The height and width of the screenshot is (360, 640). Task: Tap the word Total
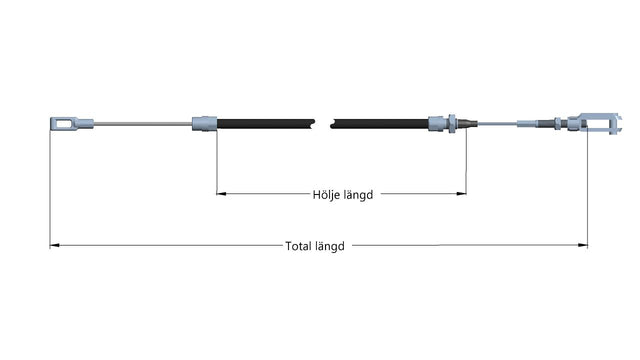(x=298, y=246)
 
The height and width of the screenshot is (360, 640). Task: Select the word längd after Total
(x=330, y=247)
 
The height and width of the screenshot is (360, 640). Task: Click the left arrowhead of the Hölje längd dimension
(x=221, y=193)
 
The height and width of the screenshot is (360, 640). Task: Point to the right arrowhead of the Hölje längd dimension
(x=461, y=193)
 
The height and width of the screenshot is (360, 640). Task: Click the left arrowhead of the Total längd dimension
(x=55, y=245)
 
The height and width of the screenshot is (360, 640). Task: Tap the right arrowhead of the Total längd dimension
(x=583, y=245)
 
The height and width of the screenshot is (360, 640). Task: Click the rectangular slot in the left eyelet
(x=64, y=123)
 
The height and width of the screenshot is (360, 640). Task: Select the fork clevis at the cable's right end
(x=600, y=123)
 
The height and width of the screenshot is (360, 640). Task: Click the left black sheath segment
(x=266, y=124)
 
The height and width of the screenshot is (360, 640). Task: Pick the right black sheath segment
(x=380, y=124)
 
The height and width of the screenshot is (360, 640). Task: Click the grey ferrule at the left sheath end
(x=204, y=124)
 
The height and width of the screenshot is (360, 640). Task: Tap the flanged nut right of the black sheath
(x=452, y=123)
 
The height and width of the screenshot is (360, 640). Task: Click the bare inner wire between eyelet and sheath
(x=142, y=124)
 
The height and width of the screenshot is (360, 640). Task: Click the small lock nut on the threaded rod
(x=558, y=123)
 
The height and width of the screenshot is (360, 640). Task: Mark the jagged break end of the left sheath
(x=313, y=124)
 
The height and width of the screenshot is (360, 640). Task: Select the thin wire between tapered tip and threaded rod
(x=498, y=123)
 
